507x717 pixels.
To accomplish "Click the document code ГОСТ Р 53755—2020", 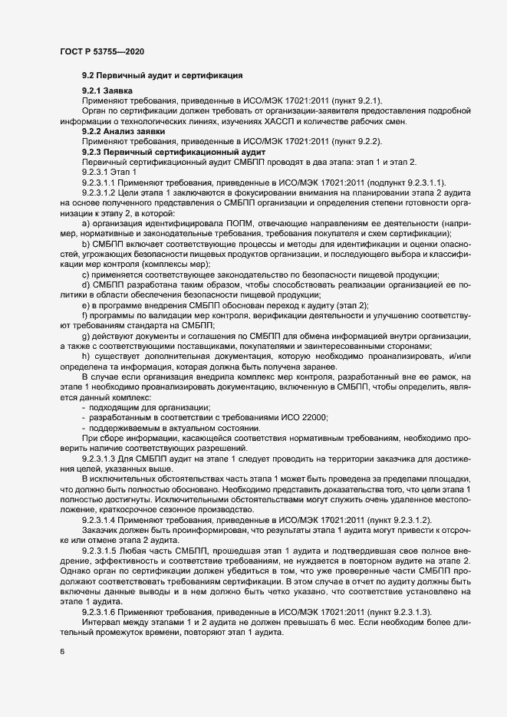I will tap(101, 51).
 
